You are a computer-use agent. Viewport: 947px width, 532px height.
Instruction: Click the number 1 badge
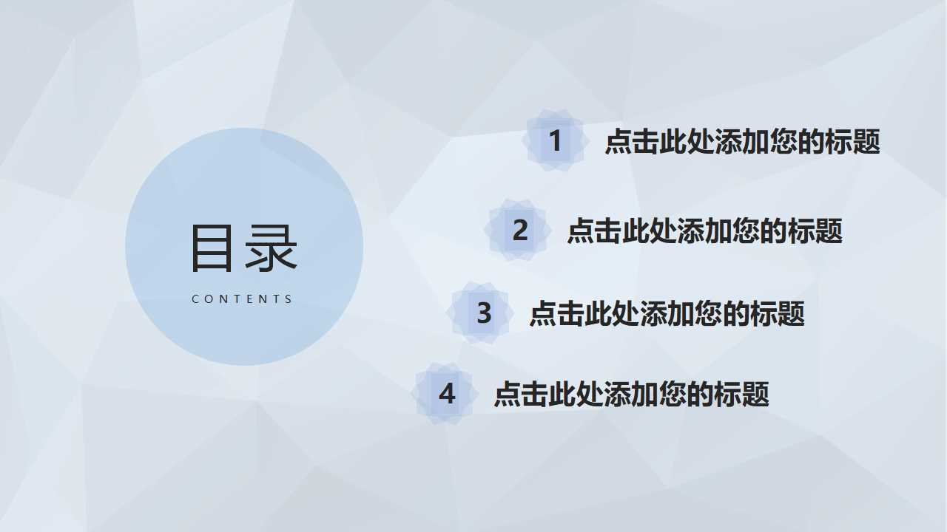pyautogui.click(x=555, y=140)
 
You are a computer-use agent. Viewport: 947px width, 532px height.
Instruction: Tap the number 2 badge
pyautogui.click(x=520, y=231)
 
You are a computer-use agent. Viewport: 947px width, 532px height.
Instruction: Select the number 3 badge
pyautogui.click(x=484, y=313)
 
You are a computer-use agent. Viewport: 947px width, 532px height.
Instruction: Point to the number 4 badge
pyautogui.click(x=447, y=394)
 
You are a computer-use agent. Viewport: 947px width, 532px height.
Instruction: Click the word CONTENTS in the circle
pyautogui.click(x=243, y=299)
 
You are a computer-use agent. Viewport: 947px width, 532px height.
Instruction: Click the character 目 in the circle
pyautogui.click(x=215, y=248)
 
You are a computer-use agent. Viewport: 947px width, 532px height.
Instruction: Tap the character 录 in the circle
pyautogui.click(x=272, y=248)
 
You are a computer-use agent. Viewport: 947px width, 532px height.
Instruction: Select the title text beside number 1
pyautogui.click(x=742, y=141)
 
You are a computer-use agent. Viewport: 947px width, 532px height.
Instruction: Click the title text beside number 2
pyautogui.click(x=704, y=231)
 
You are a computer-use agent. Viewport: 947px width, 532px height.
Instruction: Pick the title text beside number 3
pyautogui.click(x=667, y=313)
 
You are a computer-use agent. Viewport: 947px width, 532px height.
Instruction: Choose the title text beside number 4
pyautogui.click(x=631, y=394)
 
